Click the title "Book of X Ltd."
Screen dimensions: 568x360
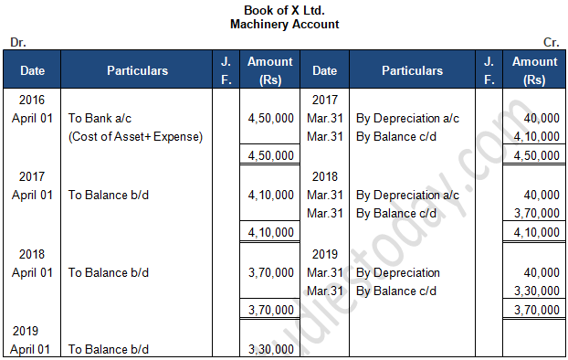tap(283, 10)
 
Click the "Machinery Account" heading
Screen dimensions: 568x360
tap(283, 24)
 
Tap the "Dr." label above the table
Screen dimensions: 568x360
tap(17, 42)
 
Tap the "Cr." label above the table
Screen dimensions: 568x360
tap(551, 42)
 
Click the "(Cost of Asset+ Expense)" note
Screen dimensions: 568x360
tap(136, 136)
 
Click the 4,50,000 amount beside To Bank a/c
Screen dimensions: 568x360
tap(270, 118)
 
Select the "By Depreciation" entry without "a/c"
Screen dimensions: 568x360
tap(397, 272)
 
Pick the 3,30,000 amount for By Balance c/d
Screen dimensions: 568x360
tap(536, 291)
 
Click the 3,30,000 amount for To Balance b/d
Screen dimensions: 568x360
tap(270, 349)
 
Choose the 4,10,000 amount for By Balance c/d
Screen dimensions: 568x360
tap(536, 136)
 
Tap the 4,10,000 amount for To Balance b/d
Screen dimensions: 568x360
tap(270, 195)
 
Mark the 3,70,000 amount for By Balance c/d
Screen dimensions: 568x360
tap(536, 214)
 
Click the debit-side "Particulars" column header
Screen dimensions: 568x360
tap(137, 70)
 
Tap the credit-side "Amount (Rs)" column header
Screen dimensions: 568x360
tap(535, 70)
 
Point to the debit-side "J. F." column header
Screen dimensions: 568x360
tap(226, 70)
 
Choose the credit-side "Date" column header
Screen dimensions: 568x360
tap(325, 70)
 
